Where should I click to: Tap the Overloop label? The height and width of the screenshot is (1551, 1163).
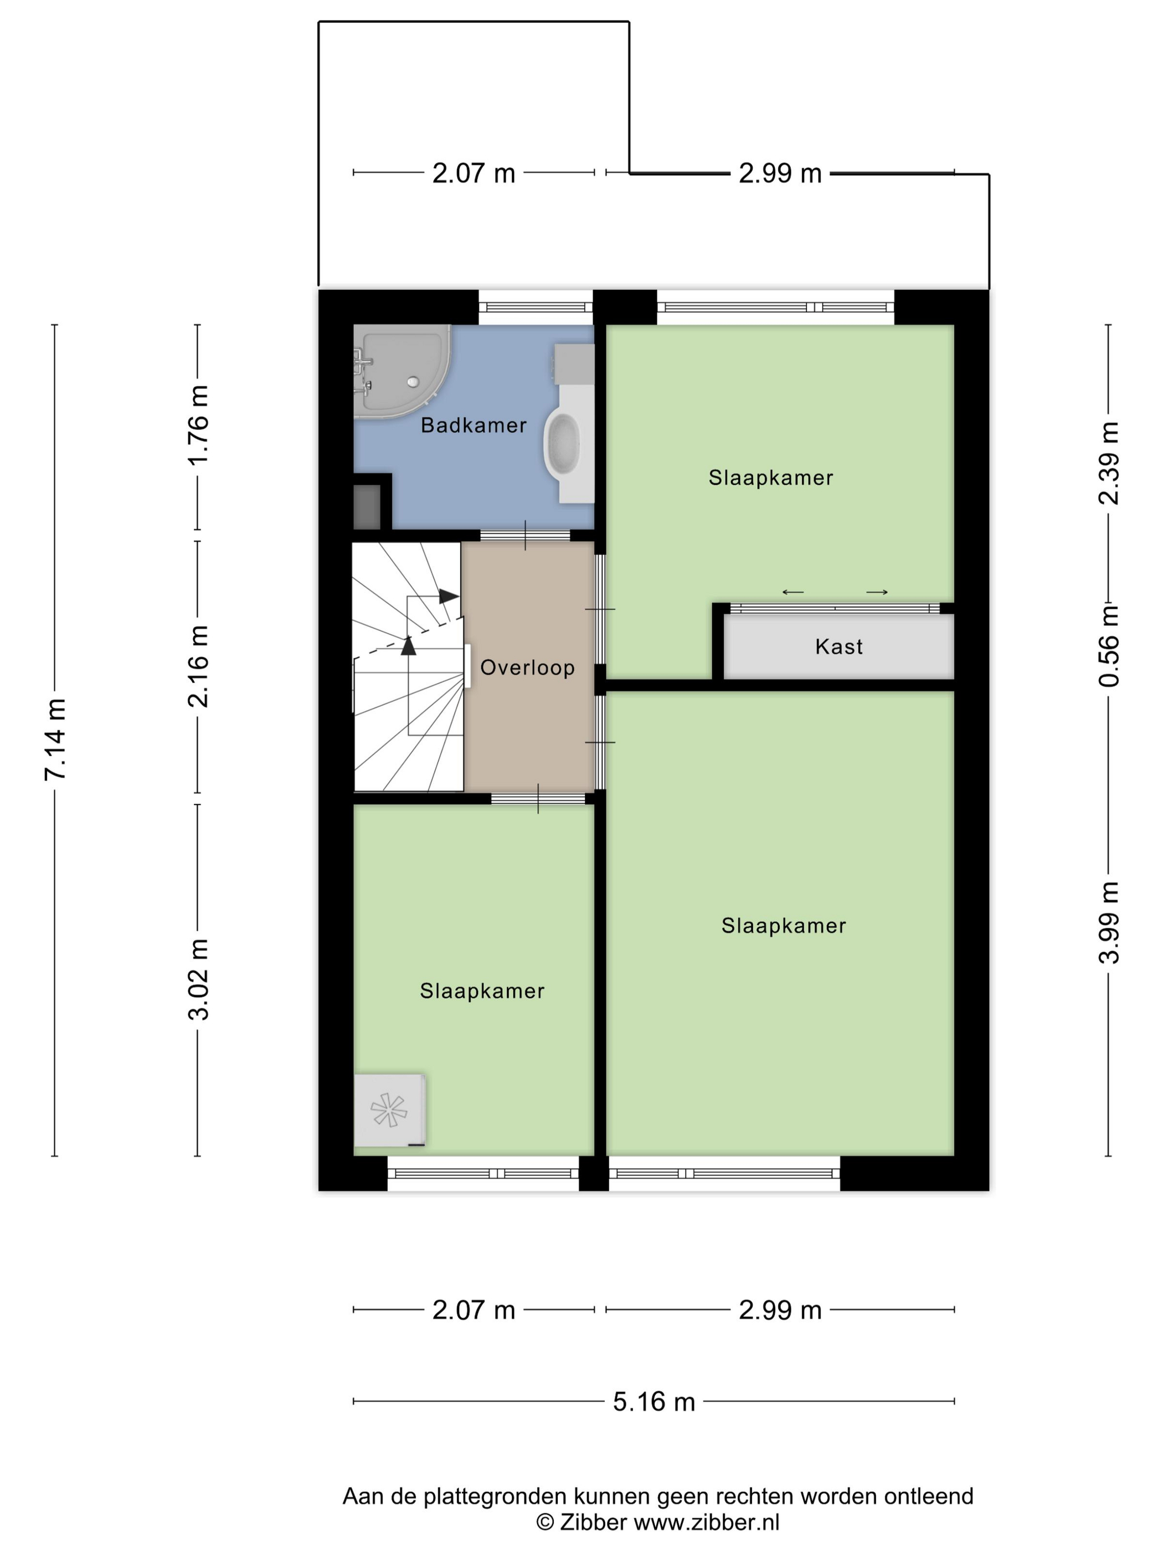click(527, 667)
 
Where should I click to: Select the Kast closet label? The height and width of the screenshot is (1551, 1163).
click(838, 646)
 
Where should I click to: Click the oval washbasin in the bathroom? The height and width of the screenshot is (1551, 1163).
click(562, 445)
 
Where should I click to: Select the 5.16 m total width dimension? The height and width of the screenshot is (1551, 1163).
click(653, 1401)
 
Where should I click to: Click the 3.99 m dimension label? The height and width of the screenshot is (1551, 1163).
click(1109, 923)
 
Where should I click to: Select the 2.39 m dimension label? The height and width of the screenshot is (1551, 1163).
click(1109, 464)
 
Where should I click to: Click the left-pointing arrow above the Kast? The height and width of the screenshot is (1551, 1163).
click(793, 593)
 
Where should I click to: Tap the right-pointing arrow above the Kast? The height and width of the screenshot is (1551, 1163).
click(877, 593)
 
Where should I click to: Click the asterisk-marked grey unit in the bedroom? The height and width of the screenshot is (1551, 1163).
click(389, 1110)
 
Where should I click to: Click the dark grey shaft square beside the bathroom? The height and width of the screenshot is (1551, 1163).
click(367, 507)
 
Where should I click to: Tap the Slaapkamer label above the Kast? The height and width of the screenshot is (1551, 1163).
click(770, 477)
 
